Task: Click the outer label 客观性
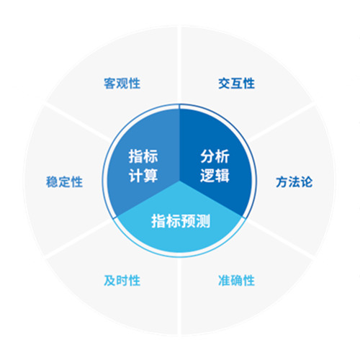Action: click(122, 84)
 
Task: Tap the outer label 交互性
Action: click(236, 84)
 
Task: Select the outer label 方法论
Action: click(294, 181)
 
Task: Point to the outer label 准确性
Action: click(236, 280)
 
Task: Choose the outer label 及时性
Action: click(122, 280)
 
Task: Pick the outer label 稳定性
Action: click(64, 181)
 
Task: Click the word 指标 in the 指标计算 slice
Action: click(143, 156)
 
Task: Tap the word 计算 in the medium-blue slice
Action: click(143, 176)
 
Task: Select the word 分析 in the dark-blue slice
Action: click(215, 156)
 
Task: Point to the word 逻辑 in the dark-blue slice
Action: click(215, 176)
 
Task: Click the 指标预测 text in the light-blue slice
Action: click(181, 221)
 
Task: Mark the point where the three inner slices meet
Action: click(179, 180)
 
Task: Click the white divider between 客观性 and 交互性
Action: click(179, 65)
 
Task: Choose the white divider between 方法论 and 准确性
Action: click(281, 239)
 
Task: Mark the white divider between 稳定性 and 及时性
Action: click(78, 239)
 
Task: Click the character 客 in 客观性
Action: click(110, 84)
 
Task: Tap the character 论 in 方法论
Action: click(307, 181)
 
